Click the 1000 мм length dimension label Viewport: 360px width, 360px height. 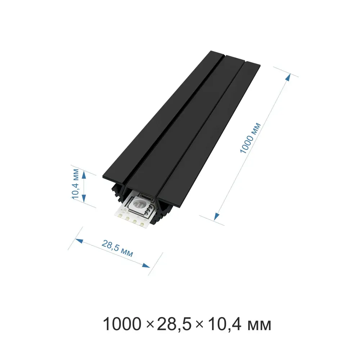point(250,138)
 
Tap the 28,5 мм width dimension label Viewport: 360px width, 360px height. point(117,248)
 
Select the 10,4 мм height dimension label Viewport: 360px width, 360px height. point(75,184)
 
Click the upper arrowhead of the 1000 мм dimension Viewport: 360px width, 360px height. point(288,77)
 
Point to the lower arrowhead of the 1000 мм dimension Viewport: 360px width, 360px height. point(216,217)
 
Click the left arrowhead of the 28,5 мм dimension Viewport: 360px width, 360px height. point(79,241)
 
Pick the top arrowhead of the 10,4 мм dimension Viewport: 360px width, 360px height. point(84,175)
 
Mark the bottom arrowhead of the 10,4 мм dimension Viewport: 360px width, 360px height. point(84,199)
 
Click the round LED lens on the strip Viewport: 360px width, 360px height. point(138,203)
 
